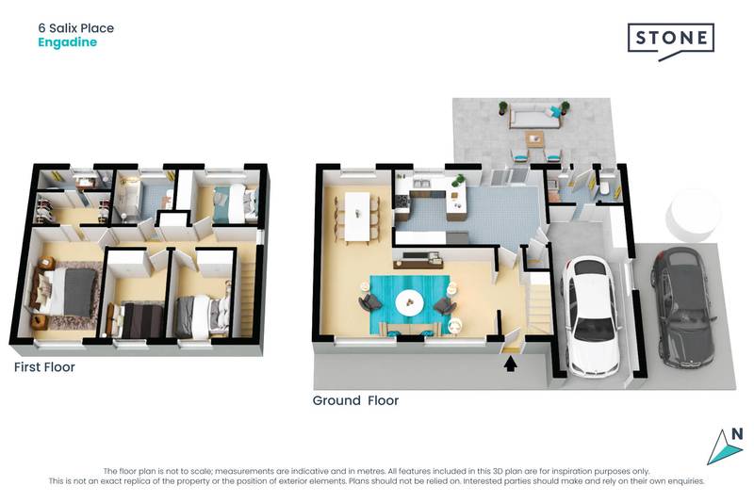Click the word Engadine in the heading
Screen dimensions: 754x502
(x=67, y=42)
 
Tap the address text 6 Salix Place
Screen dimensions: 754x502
(x=76, y=28)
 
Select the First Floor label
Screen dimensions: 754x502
(x=44, y=367)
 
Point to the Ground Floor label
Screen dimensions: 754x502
(x=355, y=400)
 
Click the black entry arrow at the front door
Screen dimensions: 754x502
(x=510, y=365)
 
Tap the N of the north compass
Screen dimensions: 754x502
(x=737, y=434)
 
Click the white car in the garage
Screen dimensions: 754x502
(x=592, y=319)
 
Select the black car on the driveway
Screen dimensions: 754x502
(x=682, y=308)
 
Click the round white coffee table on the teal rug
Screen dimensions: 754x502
(x=410, y=303)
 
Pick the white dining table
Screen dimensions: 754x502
(x=357, y=217)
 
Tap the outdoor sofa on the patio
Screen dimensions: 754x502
(x=535, y=118)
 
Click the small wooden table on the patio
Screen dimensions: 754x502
(x=534, y=139)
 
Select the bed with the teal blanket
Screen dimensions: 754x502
(x=234, y=203)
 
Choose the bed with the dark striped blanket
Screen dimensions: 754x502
(x=137, y=319)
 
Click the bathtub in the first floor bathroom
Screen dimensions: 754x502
(x=126, y=199)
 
